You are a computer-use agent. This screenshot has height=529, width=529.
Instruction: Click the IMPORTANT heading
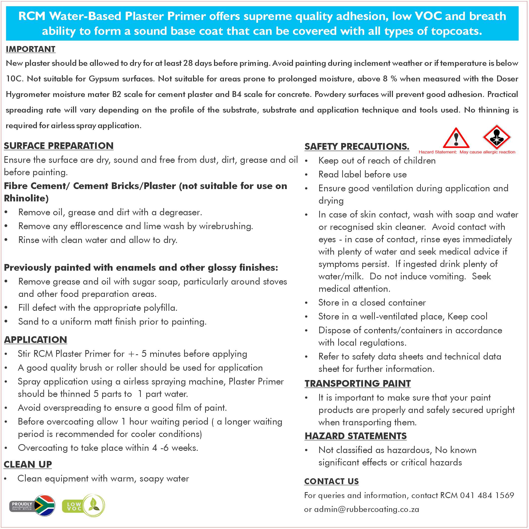(30, 49)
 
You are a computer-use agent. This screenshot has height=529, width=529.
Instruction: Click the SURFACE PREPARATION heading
(59, 146)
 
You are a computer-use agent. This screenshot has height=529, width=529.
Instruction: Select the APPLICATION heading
(35, 339)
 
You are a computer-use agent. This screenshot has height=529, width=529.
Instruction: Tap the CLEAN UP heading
(28, 464)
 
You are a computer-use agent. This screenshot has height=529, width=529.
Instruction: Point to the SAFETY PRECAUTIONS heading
(357, 146)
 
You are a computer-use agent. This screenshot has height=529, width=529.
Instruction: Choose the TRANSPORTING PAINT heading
(358, 384)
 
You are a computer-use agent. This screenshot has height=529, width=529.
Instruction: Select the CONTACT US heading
(331, 481)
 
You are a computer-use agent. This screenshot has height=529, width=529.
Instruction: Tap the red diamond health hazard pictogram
(496, 137)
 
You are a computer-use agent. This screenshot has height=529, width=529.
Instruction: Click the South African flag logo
(44, 505)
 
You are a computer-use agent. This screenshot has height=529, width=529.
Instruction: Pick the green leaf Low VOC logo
(93, 505)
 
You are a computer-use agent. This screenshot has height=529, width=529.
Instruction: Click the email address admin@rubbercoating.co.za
(366, 509)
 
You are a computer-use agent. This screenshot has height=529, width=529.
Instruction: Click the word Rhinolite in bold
(26, 198)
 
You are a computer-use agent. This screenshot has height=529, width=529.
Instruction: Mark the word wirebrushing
(226, 226)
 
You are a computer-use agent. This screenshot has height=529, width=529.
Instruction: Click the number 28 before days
(188, 63)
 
